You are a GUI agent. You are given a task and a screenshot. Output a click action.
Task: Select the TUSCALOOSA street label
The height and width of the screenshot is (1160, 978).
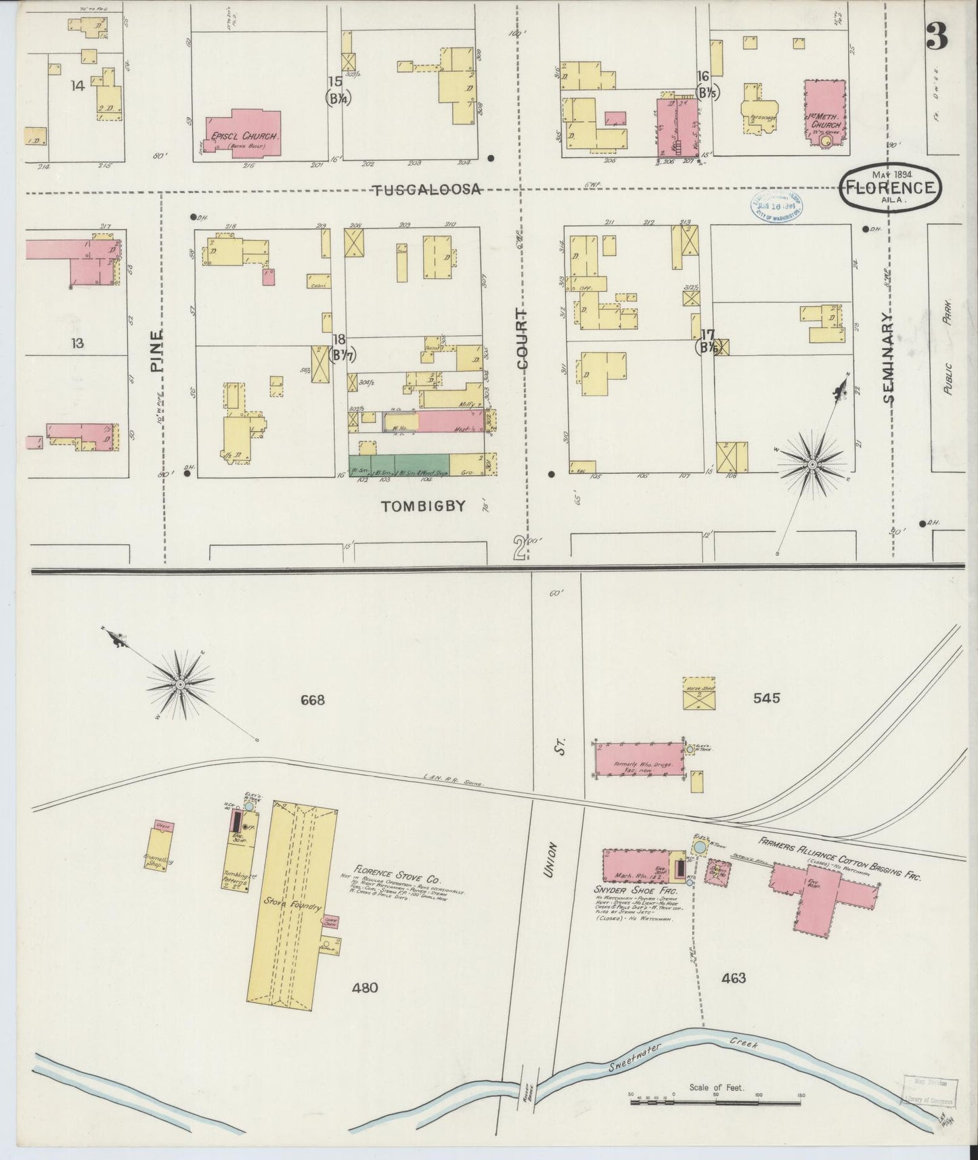[x=427, y=190]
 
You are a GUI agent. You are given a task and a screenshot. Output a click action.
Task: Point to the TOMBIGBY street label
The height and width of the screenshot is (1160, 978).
[x=423, y=506]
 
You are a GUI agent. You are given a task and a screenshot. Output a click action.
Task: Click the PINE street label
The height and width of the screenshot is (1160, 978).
[x=157, y=352]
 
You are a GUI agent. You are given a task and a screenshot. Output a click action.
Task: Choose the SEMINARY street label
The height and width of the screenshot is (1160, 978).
[x=889, y=359]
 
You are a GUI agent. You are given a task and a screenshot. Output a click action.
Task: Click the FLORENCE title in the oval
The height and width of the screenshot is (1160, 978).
[x=890, y=187]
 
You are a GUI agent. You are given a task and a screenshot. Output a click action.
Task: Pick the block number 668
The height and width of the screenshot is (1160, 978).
[x=313, y=700]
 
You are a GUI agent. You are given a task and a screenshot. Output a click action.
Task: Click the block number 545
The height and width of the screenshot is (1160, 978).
[x=765, y=697]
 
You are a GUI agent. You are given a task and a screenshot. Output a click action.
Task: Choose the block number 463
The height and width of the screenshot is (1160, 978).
[x=734, y=977]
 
